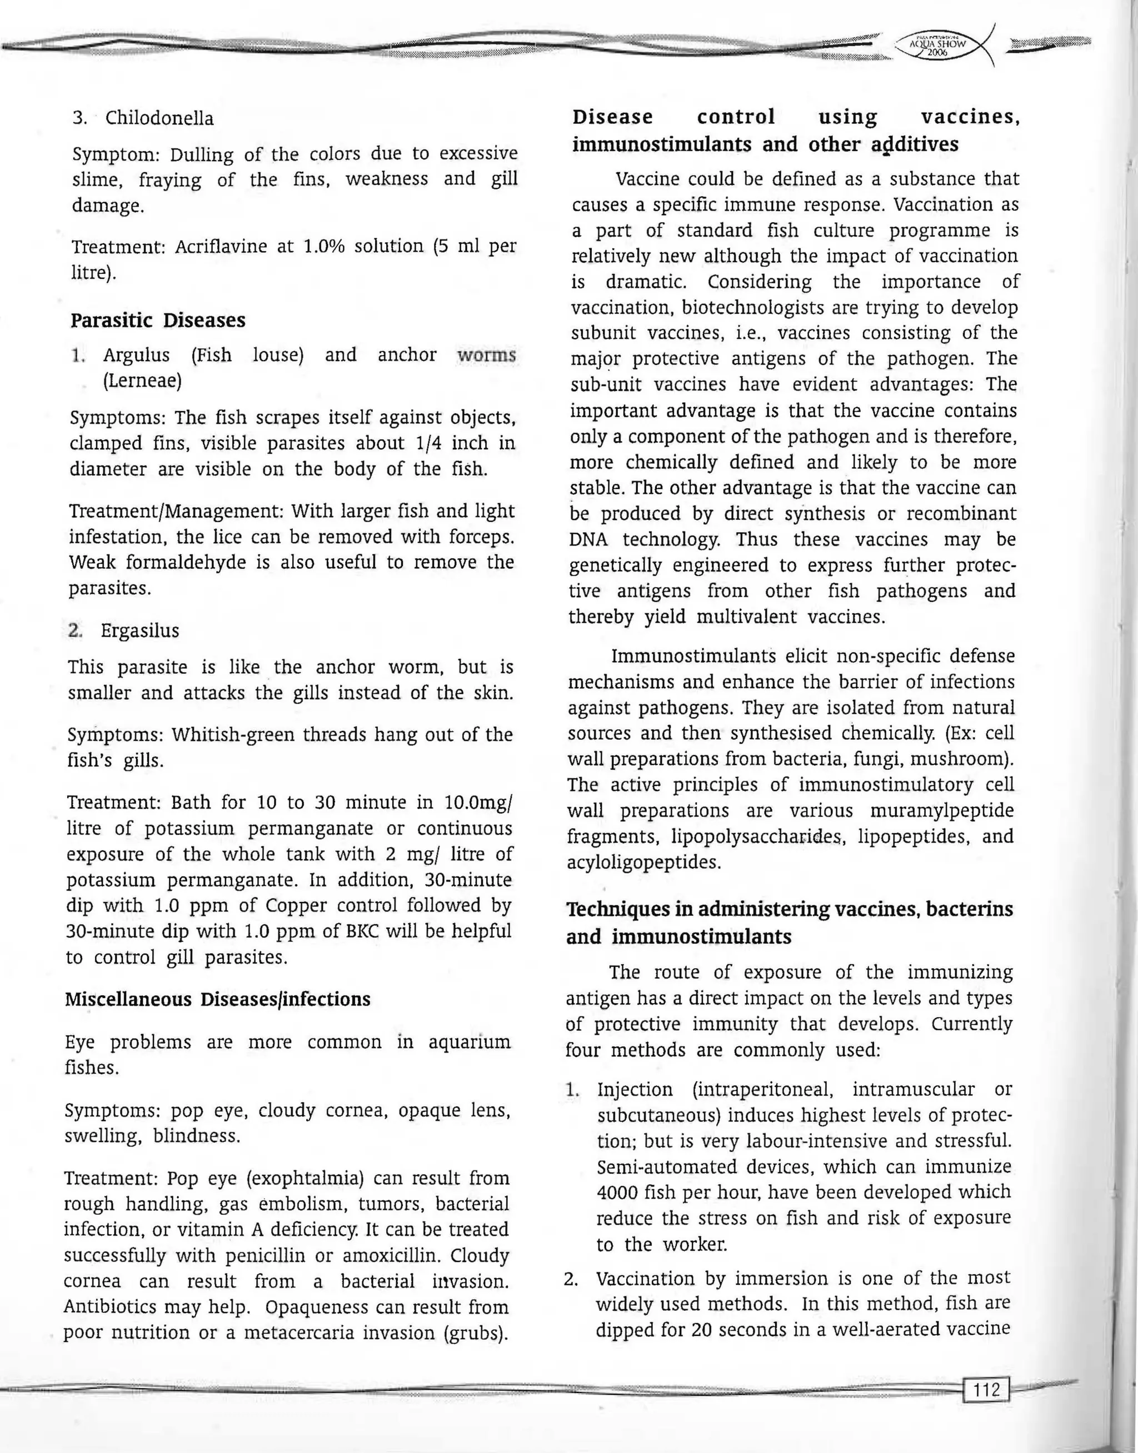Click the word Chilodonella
point(160,118)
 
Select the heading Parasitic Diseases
point(158,320)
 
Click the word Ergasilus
point(140,630)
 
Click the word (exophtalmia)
point(305,1178)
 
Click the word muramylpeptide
point(941,810)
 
